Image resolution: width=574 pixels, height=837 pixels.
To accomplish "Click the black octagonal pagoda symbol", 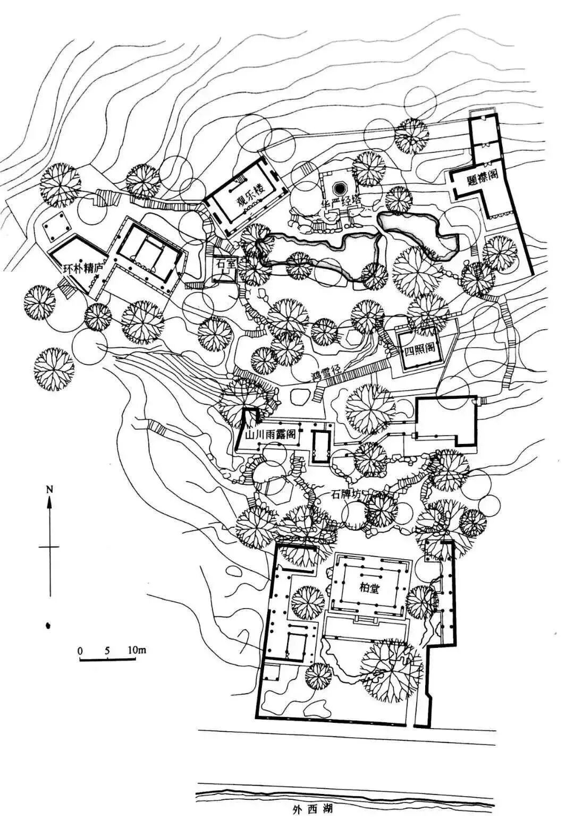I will tap(339, 188).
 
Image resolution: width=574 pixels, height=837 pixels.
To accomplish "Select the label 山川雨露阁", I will tap(270, 434).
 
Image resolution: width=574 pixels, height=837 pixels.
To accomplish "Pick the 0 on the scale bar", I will tap(80, 650).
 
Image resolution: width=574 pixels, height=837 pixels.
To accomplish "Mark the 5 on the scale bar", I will tap(108, 650).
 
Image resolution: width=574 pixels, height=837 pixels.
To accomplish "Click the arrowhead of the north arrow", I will tap(49, 502).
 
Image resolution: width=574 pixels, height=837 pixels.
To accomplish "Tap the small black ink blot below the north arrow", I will tap(49, 625).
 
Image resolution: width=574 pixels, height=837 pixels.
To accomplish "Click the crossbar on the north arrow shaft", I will tap(49, 546).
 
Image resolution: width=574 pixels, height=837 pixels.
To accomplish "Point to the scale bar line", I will tap(108, 660).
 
